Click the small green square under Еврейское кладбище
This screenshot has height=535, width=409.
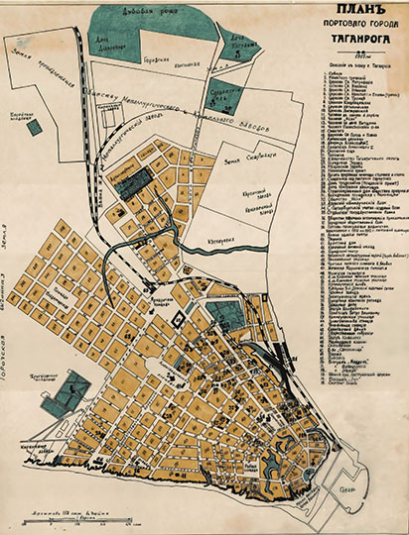click(35, 128)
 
